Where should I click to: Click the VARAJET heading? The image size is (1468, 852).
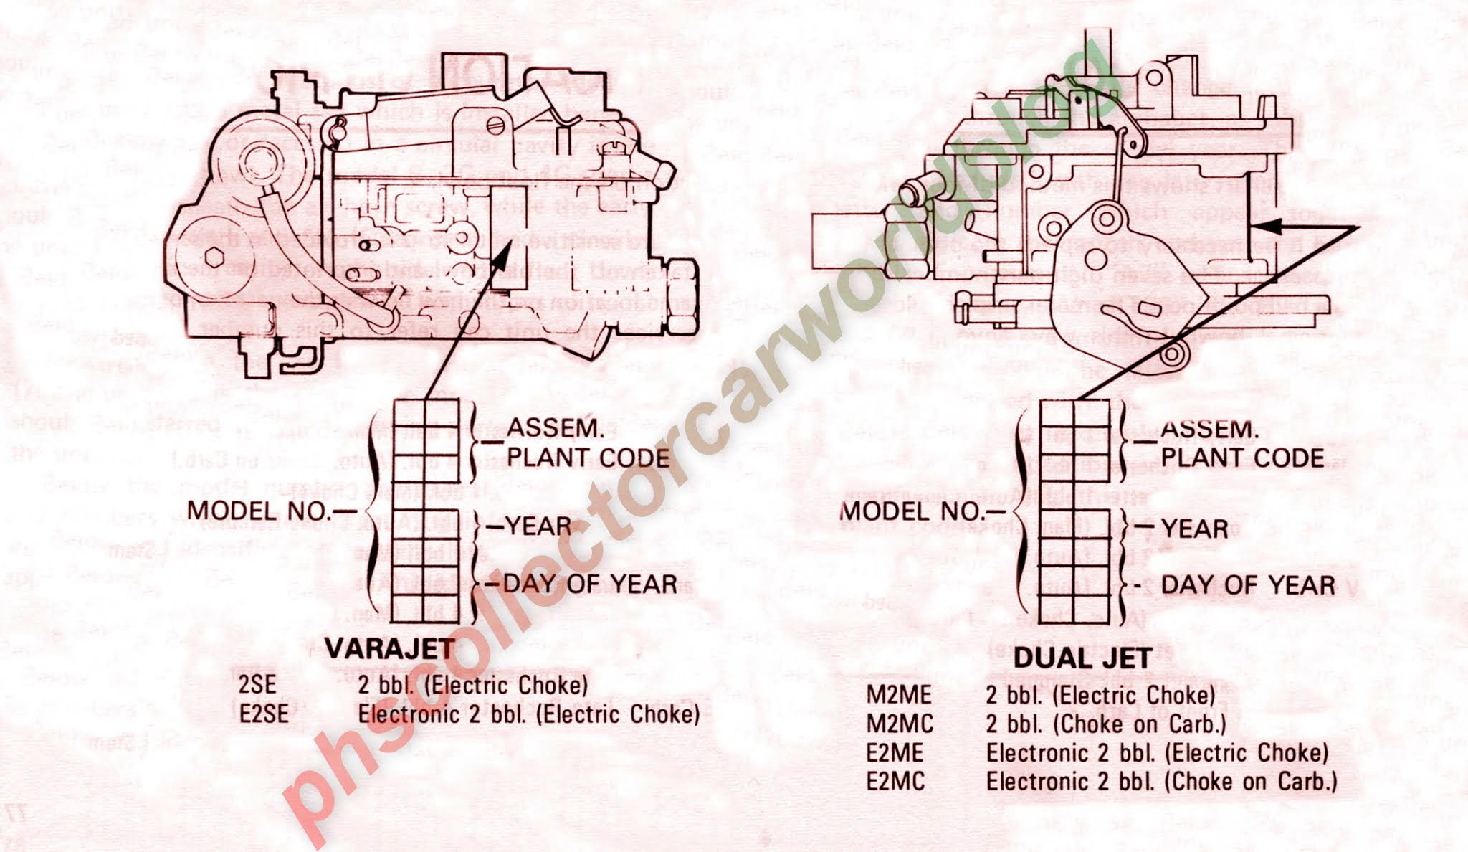pos(391,648)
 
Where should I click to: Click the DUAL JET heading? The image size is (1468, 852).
pos(1082,658)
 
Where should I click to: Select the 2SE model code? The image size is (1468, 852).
pos(257,684)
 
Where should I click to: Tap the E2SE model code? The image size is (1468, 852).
pos(264,714)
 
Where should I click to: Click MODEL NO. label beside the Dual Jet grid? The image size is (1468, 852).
pos(913,511)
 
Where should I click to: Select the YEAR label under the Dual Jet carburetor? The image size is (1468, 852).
pos(1194,529)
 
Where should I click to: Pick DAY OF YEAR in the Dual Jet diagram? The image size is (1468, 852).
pos(1247,585)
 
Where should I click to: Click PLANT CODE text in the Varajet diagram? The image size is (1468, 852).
pos(588,458)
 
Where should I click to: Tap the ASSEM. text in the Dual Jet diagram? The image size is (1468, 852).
pos(1210,430)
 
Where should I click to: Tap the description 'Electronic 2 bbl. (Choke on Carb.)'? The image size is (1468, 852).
pos(1161,781)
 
